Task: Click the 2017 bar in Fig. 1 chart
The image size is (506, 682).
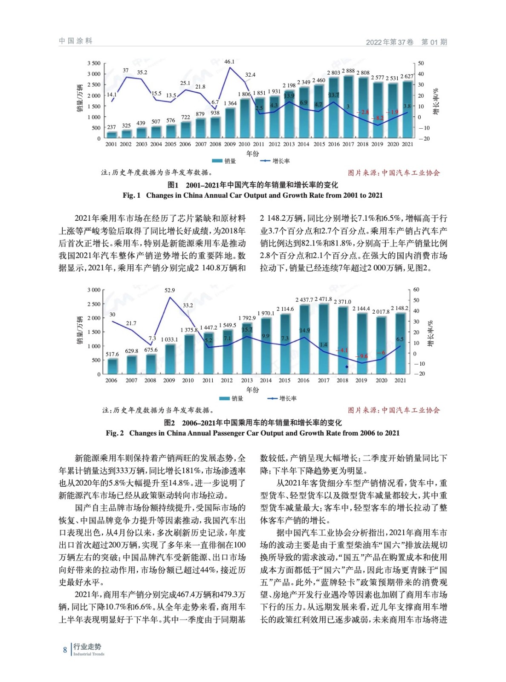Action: pos(348,107)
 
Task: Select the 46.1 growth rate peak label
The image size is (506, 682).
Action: pos(229,62)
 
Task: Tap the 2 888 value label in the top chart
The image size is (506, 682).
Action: pos(348,71)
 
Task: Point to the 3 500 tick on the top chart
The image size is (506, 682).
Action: pos(94,64)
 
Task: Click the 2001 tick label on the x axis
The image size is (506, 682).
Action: pos(111,144)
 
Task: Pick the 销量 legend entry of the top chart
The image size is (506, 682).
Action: pos(224,161)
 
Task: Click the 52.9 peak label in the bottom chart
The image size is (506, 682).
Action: pos(170,290)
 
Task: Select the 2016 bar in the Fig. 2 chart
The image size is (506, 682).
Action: pos(304,339)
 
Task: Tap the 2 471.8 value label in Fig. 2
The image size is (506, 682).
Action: pos(323,299)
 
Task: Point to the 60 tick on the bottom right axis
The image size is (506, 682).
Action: pos(416,290)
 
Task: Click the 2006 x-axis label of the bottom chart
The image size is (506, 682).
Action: pos(111,381)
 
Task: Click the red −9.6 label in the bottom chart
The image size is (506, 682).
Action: pos(361,356)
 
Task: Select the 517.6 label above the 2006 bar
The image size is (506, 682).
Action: pos(112,354)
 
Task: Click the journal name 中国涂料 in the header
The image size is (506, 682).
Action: pos(76,41)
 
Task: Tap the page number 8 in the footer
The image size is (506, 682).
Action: pos(65,650)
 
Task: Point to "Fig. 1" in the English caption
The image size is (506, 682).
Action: pos(131,196)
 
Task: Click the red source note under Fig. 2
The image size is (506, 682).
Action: pos(393,410)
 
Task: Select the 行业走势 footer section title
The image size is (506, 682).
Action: pos(87,647)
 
